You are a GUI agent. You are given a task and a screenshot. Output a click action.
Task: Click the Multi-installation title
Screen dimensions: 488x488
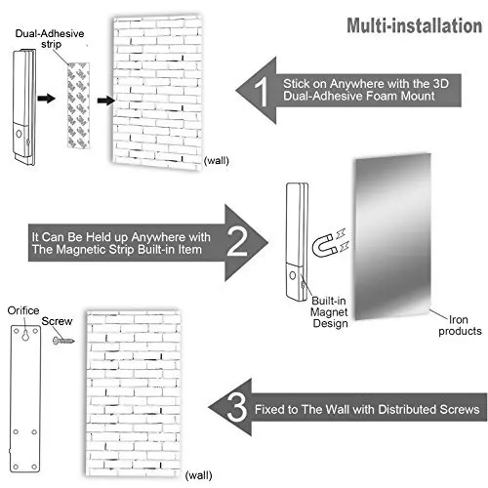click(x=414, y=25)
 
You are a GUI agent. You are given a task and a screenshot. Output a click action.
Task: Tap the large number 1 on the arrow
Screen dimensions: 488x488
click(x=262, y=92)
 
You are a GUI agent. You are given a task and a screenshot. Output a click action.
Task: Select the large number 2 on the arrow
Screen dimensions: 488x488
click(x=237, y=241)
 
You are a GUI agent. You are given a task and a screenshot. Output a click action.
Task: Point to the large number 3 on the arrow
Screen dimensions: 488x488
click(x=236, y=407)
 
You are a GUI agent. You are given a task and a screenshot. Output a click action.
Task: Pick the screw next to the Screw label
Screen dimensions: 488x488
click(x=63, y=341)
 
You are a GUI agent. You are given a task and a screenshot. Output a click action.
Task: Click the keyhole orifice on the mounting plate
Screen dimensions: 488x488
click(x=25, y=335)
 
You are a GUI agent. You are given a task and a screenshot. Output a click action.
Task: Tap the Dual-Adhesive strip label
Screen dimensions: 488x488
click(x=50, y=38)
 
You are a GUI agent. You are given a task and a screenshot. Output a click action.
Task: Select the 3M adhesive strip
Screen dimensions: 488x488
click(x=78, y=105)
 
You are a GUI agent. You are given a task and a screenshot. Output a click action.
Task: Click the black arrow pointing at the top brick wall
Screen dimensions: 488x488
click(x=106, y=101)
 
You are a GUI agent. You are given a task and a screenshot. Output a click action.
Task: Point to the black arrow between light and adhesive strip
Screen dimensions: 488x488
click(x=47, y=99)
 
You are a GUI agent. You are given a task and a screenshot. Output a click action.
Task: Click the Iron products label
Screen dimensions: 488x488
click(x=460, y=325)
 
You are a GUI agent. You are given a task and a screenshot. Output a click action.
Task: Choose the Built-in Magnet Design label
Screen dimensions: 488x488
click(x=329, y=312)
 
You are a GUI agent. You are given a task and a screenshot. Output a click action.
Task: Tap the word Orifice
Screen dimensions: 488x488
click(x=23, y=310)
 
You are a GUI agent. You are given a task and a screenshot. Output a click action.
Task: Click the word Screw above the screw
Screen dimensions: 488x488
click(x=57, y=321)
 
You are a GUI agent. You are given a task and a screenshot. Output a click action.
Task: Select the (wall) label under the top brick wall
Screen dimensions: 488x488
click(x=217, y=160)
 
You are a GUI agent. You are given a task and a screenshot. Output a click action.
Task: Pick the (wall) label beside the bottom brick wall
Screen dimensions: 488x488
click(x=198, y=475)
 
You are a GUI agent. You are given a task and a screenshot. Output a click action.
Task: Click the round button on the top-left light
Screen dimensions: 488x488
click(x=19, y=134)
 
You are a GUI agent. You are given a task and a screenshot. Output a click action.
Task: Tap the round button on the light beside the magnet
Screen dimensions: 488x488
click(x=293, y=275)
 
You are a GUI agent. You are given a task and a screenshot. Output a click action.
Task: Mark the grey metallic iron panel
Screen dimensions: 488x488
click(x=393, y=237)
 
